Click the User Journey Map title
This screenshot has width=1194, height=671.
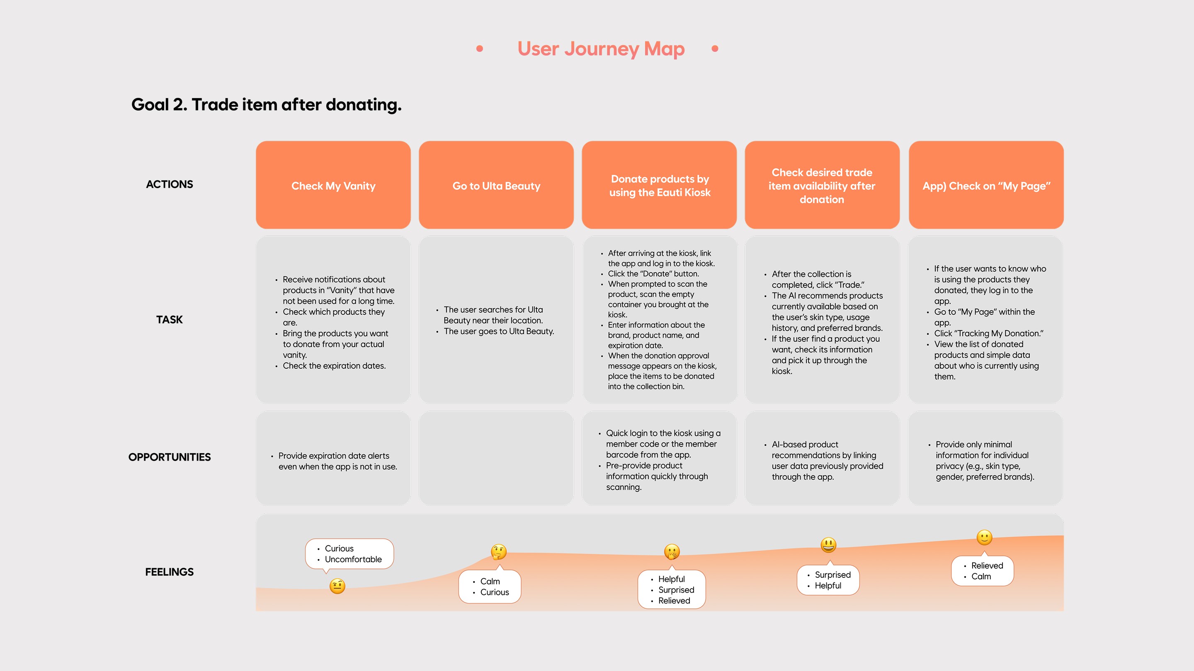pos(601,48)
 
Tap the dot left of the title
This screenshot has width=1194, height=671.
pos(480,48)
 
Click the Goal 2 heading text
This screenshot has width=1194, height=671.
pos(266,105)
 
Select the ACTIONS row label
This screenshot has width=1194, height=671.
pos(169,184)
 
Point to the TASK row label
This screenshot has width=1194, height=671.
pos(169,319)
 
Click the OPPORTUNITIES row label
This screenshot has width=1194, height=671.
pos(169,457)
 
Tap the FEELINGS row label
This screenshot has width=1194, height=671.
pos(169,572)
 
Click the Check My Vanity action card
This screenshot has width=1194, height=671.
pos(333,185)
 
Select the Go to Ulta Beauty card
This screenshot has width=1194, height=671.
pos(496,185)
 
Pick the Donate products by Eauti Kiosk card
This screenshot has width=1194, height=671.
pos(659,185)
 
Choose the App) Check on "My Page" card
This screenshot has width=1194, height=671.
pos(986,185)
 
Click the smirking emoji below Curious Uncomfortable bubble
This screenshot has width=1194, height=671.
pos(337,586)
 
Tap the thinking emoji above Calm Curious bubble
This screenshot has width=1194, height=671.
pos(499,552)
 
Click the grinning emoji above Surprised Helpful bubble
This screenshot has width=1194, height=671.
pos(828,545)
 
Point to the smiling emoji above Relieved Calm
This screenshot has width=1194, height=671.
pos(985,537)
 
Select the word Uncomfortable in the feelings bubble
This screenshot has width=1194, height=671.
pos(353,560)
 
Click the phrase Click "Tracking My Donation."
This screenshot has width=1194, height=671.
pos(988,333)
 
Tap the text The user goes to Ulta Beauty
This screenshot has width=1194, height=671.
pos(498,331)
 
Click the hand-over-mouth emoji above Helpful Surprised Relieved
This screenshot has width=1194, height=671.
pos(672,552)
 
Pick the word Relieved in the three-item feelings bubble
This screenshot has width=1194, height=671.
pos(674,601)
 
